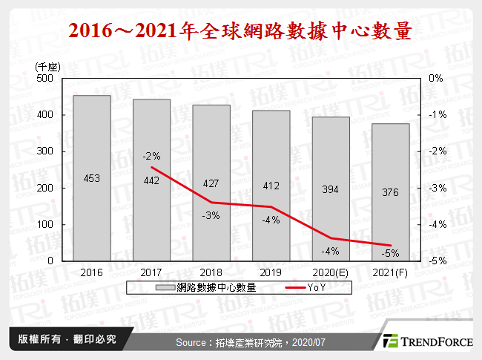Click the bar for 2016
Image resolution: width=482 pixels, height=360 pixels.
click(92, 178)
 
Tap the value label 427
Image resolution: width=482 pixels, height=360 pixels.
click(211, 183)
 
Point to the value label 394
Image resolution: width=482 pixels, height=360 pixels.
click(331, 190)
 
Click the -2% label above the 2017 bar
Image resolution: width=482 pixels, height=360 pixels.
click(151, 156)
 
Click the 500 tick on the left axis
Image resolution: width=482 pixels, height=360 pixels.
click(44, 78)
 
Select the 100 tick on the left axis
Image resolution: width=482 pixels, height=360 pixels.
click(44, 224)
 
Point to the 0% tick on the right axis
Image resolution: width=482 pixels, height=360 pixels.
click(436, 78)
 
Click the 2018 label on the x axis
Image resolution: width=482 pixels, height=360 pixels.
click(211, 272)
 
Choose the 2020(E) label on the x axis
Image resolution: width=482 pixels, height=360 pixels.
click(331, 272)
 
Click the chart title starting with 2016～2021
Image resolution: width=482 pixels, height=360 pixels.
click(240, 32)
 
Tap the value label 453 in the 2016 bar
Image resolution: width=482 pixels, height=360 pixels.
click(92, 178)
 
